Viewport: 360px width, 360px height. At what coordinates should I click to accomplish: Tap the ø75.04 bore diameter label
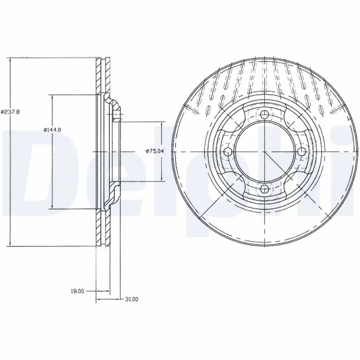[153, 151]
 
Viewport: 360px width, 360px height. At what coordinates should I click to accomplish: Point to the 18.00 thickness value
[77, 292]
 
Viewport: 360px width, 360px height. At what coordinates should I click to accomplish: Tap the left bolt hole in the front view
[228, 152]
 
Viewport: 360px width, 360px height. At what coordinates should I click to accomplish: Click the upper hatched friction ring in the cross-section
[103, 76]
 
